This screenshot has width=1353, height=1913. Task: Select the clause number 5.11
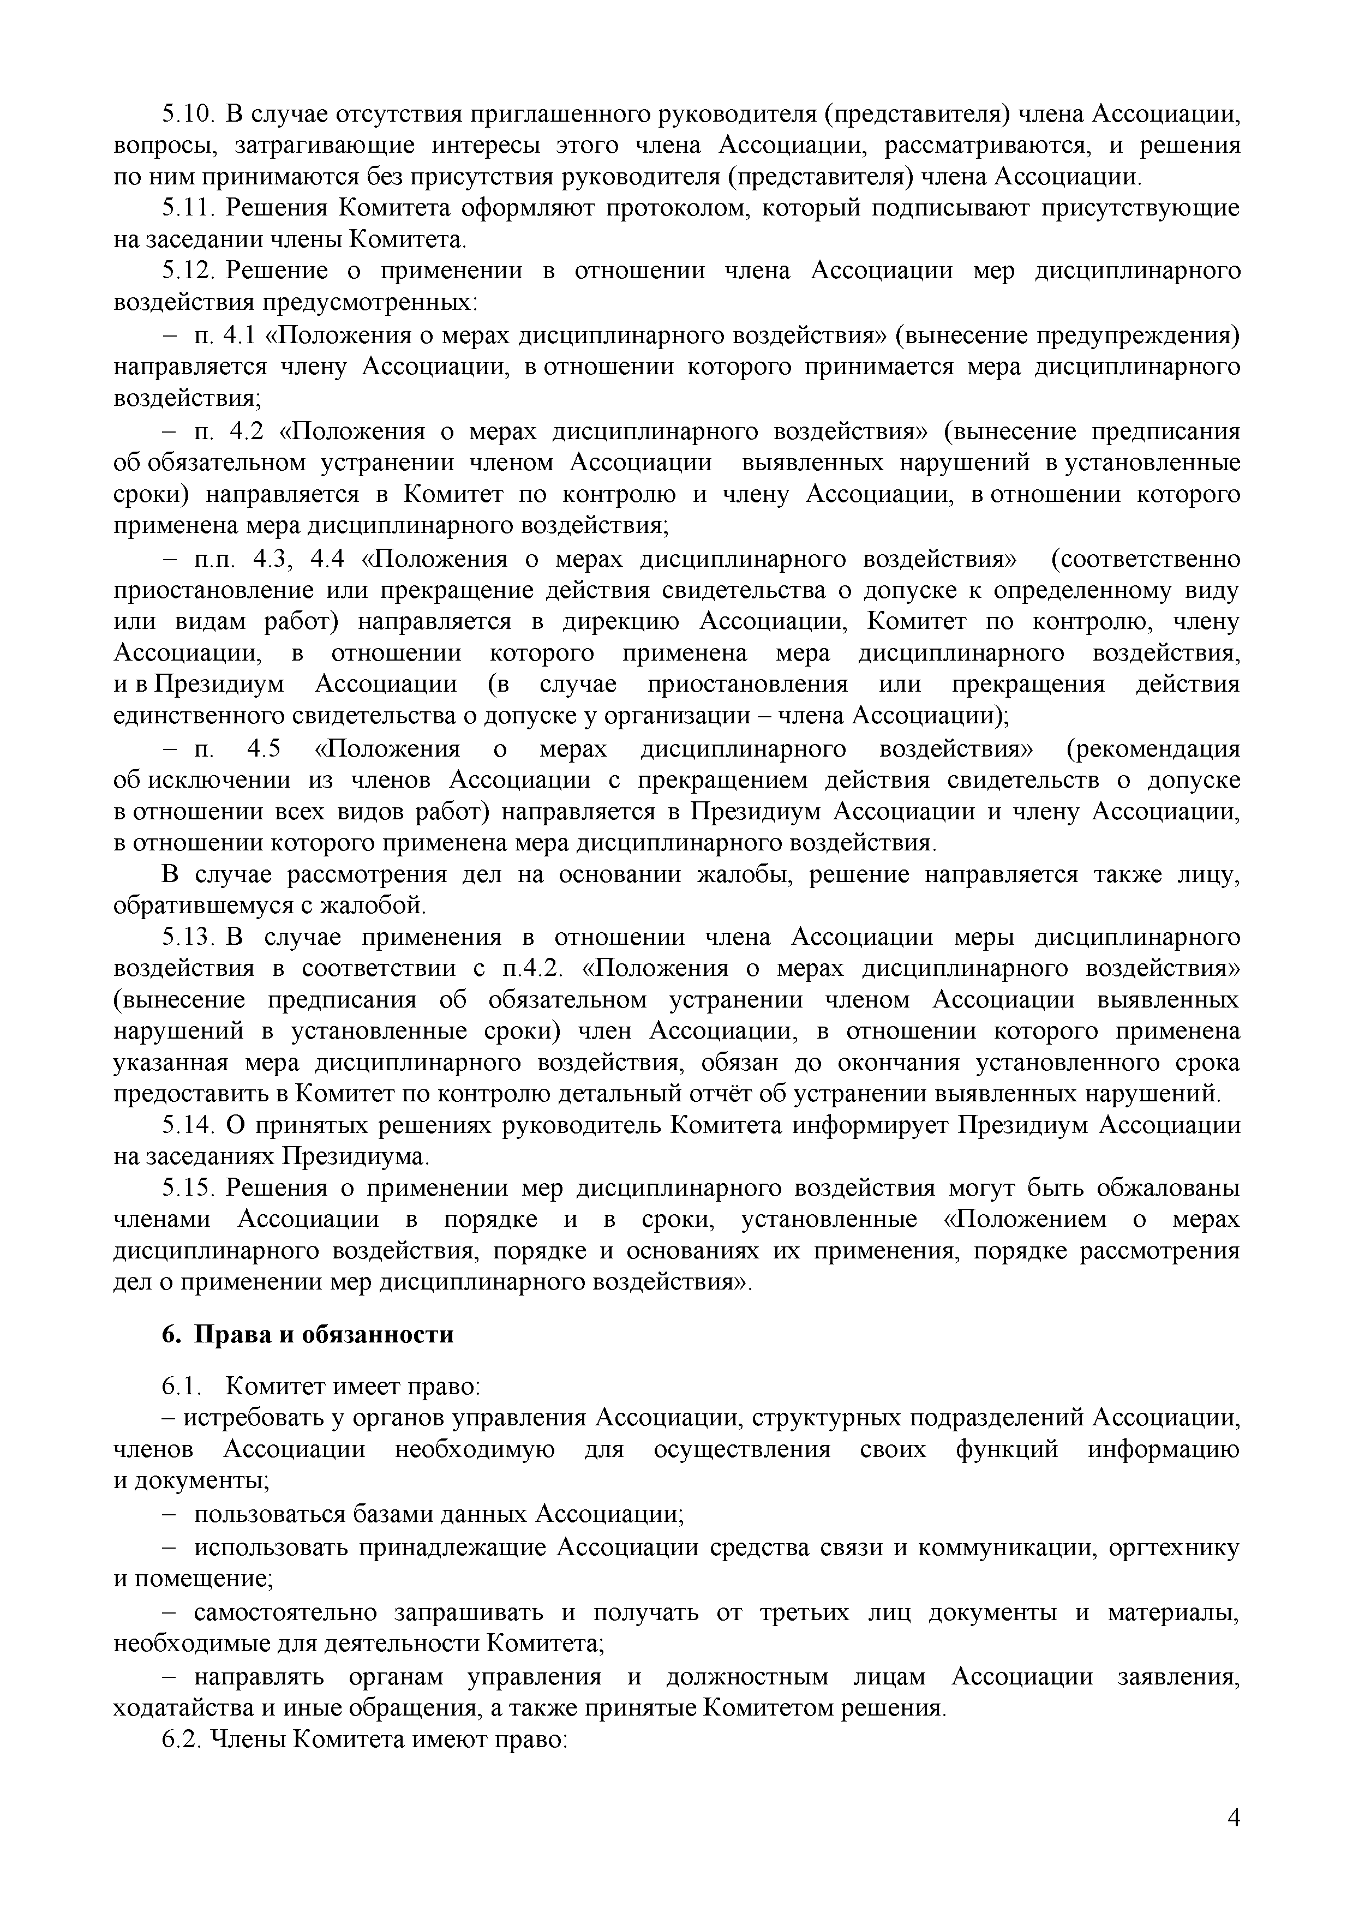pyautogui.click(x=188, y=208)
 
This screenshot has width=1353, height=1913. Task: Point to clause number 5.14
pyautogui.click(x=188, y=1126)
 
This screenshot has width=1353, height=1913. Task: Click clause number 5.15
pyautogui.click(x=188, y=1188)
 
